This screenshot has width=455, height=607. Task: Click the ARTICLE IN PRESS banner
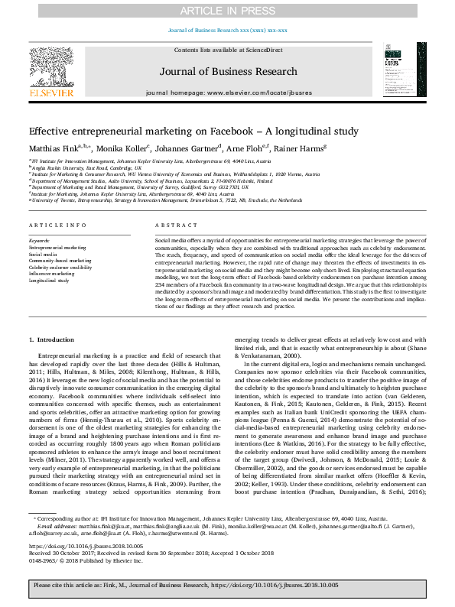click(x=227, y=10)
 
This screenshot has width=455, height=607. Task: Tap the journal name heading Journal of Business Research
click(x=227, y=72)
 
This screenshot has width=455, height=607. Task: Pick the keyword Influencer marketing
click(x=54, y=274)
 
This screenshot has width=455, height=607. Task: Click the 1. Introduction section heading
click(x=52, y=339)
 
